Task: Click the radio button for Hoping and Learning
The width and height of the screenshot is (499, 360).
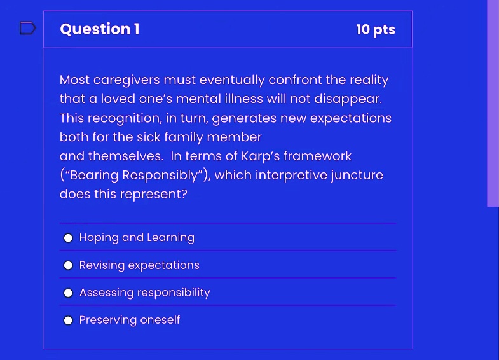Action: [68, 238]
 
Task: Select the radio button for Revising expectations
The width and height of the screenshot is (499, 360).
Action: [68, 265]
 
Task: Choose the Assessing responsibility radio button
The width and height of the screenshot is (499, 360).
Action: [68, 293]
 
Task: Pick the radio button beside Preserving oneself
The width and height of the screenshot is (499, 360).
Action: [68, 320]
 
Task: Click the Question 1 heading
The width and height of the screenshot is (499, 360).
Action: [100, 29]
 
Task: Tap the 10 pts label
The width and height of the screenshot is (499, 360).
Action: [376, 30]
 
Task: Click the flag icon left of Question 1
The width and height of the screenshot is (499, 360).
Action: [28, 28]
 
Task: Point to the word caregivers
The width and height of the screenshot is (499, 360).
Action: [126, 80]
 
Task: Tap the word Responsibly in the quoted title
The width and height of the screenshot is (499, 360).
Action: [160, 176]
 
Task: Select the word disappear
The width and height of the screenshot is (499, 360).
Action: [348, 99]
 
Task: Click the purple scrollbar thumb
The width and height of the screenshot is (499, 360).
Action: [493, 104]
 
